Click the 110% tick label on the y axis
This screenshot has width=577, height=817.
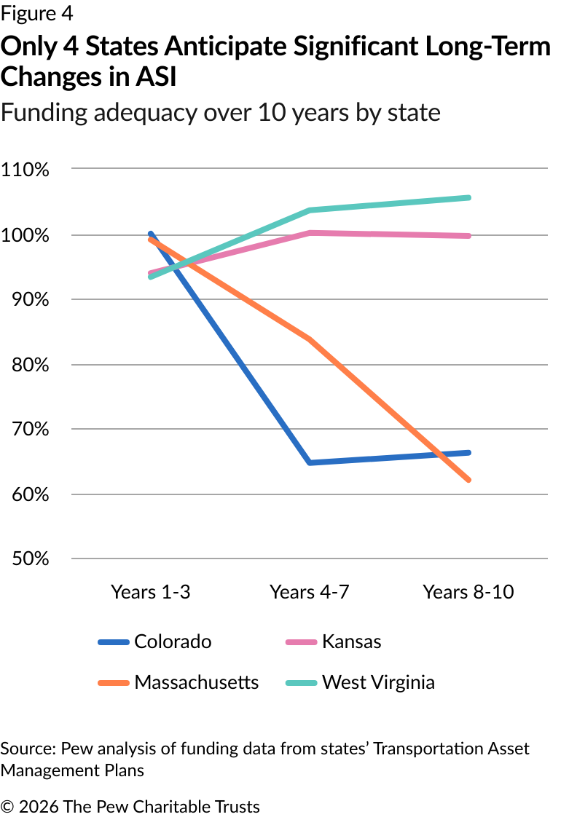(x=25, y=170)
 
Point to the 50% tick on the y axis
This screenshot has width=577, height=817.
(x=29, y=559)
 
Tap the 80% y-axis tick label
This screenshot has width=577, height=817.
(x=29, y=365)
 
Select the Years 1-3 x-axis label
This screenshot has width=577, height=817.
(x=151, y=591)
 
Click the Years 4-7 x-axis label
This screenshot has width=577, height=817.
(x=310, y=591)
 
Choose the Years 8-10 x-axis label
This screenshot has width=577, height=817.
(x=468, y=591)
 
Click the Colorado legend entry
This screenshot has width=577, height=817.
(x=173, y=642)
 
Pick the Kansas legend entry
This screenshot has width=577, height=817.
(x=351, y=642)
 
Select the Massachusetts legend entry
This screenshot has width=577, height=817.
(x=196, y=682)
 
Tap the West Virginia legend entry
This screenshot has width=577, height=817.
(x=378, y=682)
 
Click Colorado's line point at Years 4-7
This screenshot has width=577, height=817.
(x=310, y=462)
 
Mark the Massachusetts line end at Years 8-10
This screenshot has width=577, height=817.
(x=468, y=480)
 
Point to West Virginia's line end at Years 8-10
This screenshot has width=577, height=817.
(x=468, y=197)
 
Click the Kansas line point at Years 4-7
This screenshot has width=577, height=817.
(x=310, y=233)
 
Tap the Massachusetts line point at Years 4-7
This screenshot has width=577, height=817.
(x=310, y=339)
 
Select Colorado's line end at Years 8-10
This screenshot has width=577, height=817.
(x=468, y=453)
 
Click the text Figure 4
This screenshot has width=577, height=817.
(x=36, y=14)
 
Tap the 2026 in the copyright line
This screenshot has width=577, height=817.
(x=40, y=806)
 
